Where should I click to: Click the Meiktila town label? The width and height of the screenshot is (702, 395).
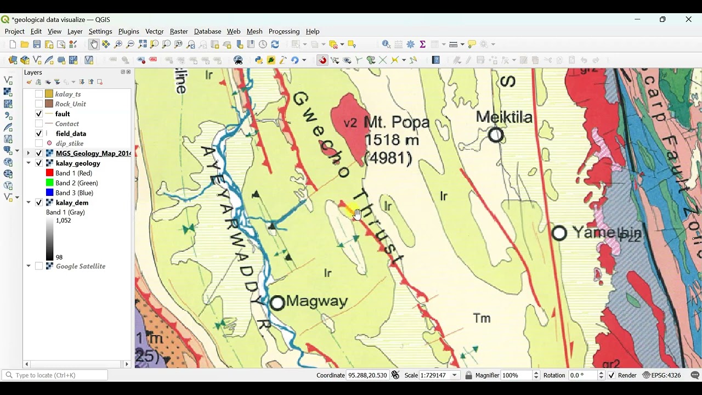[x=504, y=117]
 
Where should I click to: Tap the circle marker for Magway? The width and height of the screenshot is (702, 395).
[x=278, y=303]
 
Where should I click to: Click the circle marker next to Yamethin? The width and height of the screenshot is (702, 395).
[x=559, y=233]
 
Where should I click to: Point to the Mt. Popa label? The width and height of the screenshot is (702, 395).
[x=396, y=122]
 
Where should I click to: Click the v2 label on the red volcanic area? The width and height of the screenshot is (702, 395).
[x=350, y=123]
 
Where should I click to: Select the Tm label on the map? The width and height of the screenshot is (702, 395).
[x=482, y=318]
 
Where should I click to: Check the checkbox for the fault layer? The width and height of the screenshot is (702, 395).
[x=39, y=114]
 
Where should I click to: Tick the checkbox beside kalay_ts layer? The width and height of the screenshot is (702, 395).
[x=39, y=94]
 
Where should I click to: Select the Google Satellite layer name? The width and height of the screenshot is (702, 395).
[x=80, y=266]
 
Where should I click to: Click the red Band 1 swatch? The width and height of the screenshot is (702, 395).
[x=49, y=173]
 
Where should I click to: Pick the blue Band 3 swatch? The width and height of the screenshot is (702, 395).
[x=49, y=193]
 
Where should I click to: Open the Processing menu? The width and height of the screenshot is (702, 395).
[x=284, y=31]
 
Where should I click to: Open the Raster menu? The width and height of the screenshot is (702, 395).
[x=179, y=31]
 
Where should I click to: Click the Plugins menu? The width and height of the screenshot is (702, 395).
[x=128, y=31]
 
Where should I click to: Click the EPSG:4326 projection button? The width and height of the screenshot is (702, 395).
[x=662, y=375]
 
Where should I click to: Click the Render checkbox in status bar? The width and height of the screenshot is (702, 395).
[x=612, y=375]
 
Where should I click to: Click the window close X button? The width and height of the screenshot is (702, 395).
[x=688, y=20]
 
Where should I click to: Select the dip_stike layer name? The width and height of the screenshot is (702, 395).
[x=69, y=143]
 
